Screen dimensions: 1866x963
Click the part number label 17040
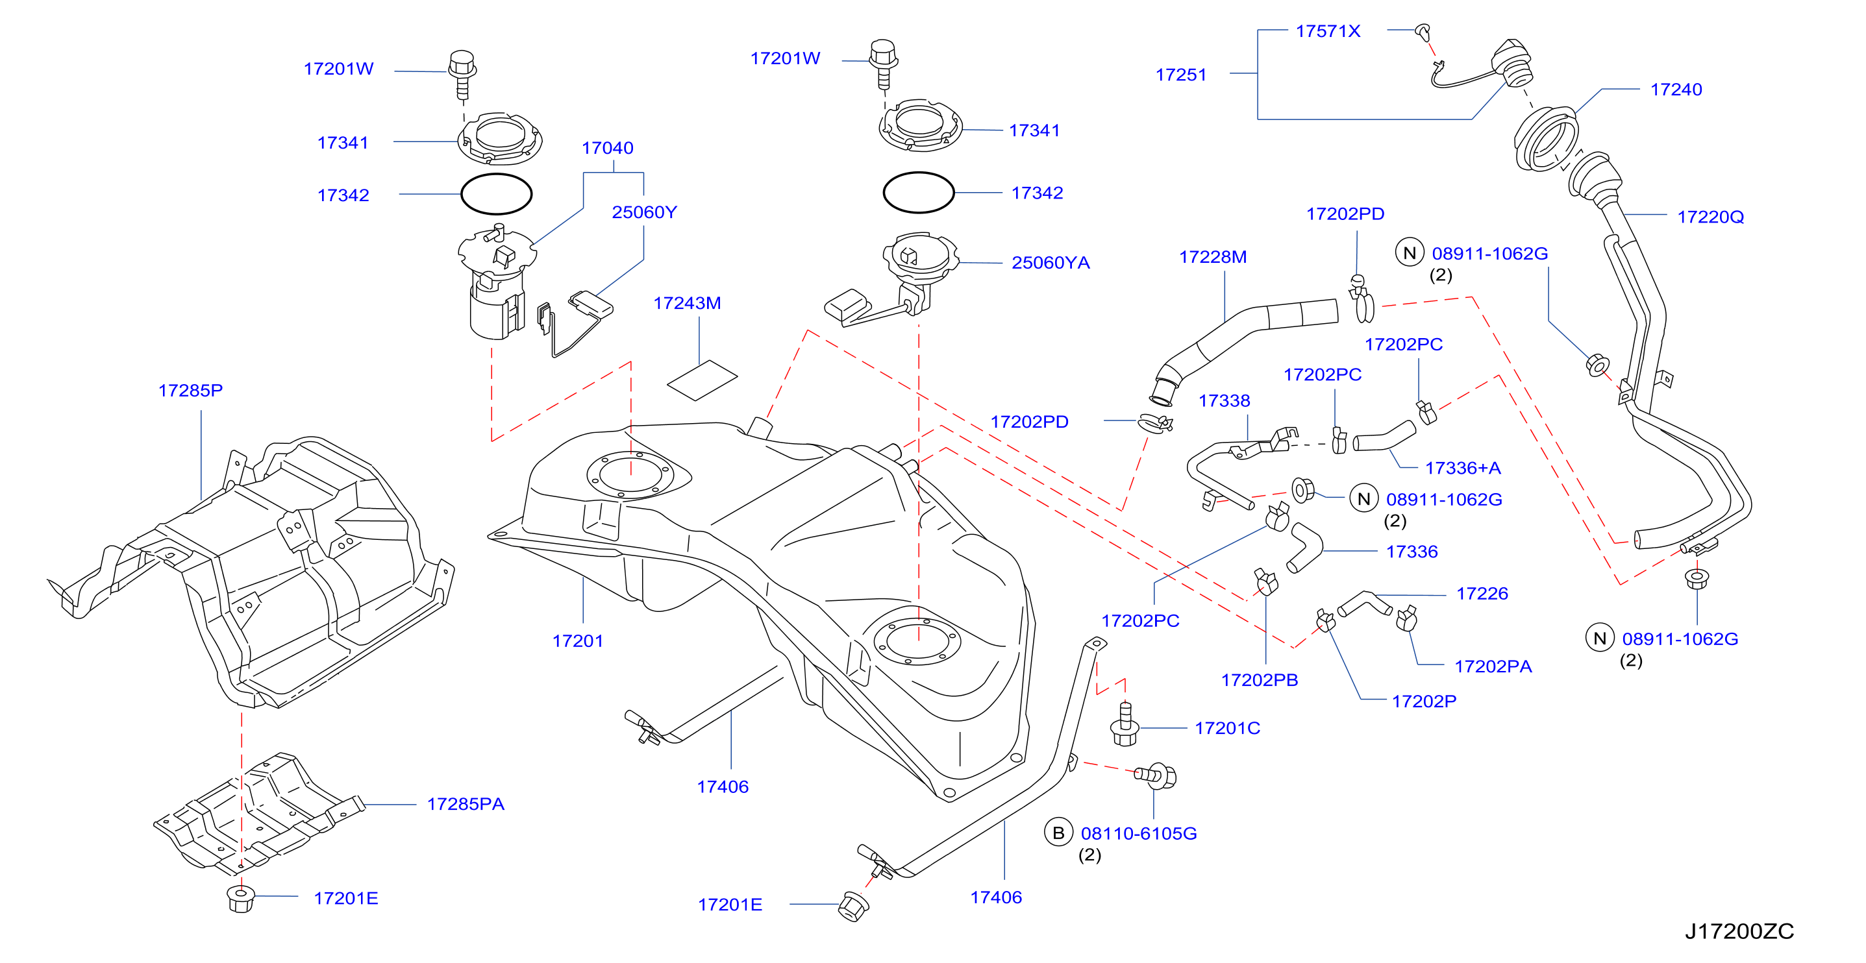[607, 148]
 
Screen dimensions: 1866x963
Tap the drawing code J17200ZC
[1739, 931]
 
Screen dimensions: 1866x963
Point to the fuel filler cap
[1511, 63]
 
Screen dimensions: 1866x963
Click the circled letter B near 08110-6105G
[1058, 833]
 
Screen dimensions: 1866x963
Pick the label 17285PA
[465, 804]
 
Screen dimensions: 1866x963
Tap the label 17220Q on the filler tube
[1710, 217]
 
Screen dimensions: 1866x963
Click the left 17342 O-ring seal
[497, 194]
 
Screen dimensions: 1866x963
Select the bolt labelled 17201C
[1125, 724]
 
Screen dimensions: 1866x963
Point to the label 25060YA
[1051, 262]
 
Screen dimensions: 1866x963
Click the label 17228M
[1213, 257]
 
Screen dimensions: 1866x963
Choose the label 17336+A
[1463, 468]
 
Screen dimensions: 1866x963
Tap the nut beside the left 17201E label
[240, 899]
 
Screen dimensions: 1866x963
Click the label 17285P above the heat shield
[190, 390]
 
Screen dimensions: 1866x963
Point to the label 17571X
[1328, 31]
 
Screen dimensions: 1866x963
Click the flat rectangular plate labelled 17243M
[702, 380]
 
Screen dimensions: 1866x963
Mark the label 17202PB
[1260, 680]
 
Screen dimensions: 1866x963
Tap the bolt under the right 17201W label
[883, 64]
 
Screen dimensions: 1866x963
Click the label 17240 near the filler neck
[1676, 89]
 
